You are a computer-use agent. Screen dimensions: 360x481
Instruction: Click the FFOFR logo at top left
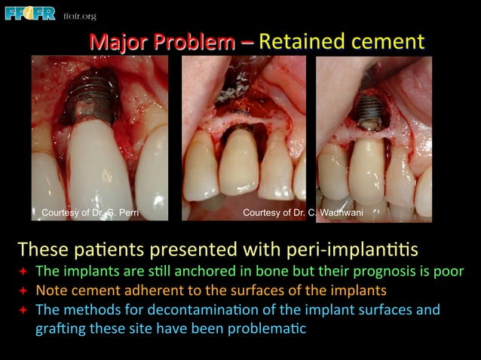(x=30, y=13)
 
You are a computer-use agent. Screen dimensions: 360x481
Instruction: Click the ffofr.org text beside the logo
(x=80, y=16)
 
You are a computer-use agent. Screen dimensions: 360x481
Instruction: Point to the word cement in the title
(x=385, y=41)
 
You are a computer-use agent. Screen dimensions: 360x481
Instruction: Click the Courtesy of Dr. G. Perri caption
(x=89, y=213)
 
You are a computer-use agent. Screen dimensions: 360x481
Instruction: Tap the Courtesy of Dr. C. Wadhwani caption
(x=302, y=213)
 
